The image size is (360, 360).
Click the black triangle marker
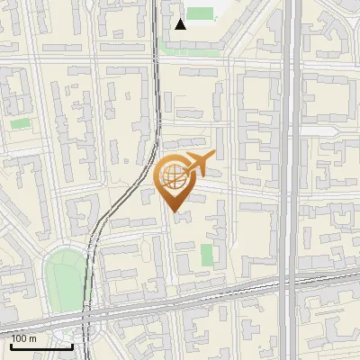coord(181,23)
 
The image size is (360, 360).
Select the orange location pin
coord(175,181)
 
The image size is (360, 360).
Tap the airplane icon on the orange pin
coord(198,164)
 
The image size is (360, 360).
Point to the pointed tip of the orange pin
coord(175,211)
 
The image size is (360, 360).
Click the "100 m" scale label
coord(24,338)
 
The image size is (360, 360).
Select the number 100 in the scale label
coord(20,338)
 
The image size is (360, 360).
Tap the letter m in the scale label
coord(33,338)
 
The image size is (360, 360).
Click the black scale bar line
coord(41,346)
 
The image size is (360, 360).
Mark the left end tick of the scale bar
coord(12,344)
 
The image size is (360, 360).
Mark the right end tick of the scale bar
coord(72,344)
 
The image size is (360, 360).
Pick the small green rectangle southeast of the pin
coord(207,255)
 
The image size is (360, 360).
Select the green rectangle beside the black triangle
coord(202,14)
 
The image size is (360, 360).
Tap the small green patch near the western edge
coord(20,123)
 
